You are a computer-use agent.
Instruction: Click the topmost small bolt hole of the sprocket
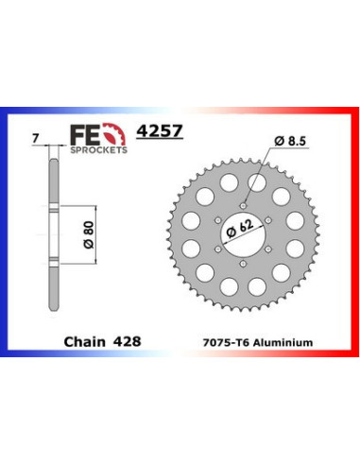point(244,201)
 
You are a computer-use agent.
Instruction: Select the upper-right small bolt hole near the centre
point(270,216)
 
